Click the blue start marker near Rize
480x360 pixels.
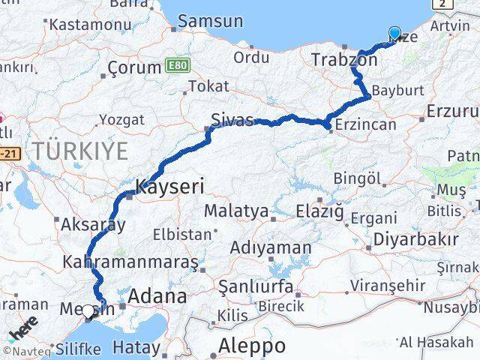coord(394,33)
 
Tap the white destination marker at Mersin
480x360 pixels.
coord(88,311)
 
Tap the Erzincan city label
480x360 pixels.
coord(367,125)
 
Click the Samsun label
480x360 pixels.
coord(210,21)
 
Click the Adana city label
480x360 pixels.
coord(157,296)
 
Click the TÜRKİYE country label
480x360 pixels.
coord(79,151)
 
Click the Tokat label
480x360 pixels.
coord(208,86)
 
